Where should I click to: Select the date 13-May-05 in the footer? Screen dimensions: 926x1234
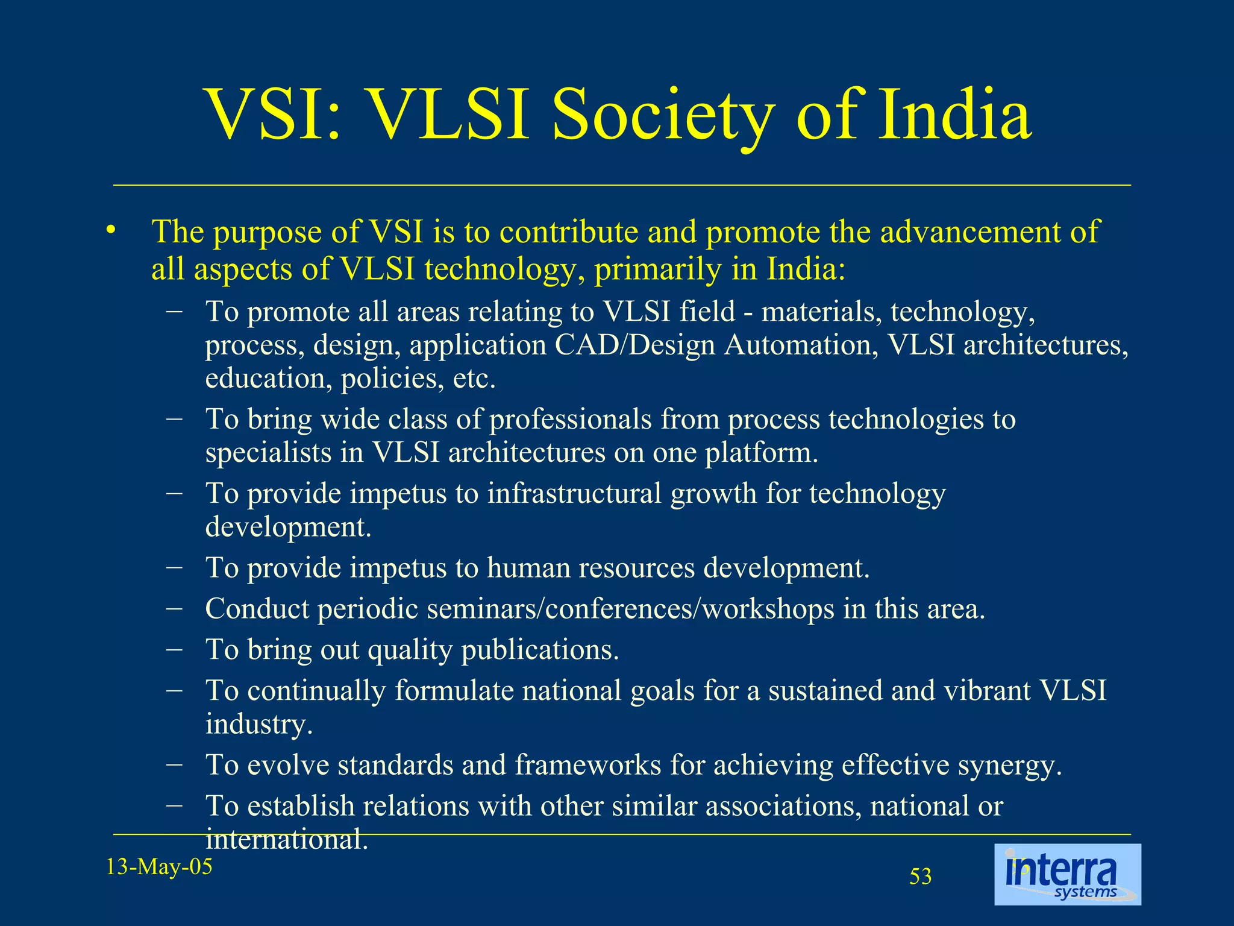[x=159, y=867]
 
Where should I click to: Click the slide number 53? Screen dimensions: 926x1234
[x=920, y=877]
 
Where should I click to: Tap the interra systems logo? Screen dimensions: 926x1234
[x=1067, y=875]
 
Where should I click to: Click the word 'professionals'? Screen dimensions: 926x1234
[x=570, y=420]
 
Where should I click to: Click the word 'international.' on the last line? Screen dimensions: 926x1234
[x=286, y=839]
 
